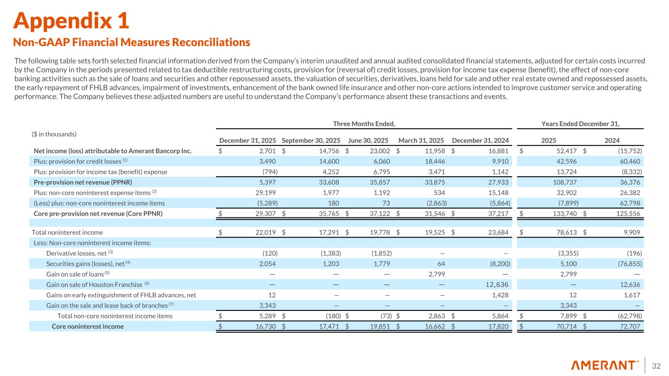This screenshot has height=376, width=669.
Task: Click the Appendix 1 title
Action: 72,21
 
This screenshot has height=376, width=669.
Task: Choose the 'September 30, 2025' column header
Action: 311,140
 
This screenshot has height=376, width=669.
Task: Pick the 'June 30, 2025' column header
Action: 368,140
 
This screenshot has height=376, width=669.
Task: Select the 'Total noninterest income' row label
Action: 67,233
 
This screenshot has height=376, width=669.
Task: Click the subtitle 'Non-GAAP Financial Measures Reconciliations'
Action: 132,43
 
